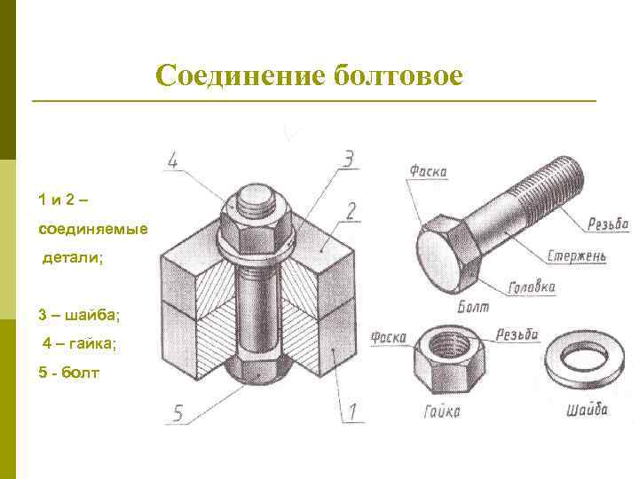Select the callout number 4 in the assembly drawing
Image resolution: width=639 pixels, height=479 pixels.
(x=174, y=161)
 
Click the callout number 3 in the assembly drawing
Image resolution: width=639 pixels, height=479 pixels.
(x=349, y=159)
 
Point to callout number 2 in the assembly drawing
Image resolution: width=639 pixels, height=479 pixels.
(x=351, y=211)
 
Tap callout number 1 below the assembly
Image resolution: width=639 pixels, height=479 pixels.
(x=351, y=412)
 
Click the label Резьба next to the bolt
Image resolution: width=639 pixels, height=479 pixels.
(x=608, y=224)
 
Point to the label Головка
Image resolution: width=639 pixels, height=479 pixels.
(x=532, y=287)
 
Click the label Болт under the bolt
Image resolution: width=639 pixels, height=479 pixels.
(x=472, y=307)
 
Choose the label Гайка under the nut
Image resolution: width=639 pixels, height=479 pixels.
(x=441, y=412)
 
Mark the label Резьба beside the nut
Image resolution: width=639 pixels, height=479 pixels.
(x=517, y=334)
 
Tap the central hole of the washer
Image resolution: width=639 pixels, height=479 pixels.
(x=580, y=358)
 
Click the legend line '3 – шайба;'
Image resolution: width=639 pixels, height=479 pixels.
(x=79, y=315)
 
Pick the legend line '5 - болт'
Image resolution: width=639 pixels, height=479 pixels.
(x=70, y=372)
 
